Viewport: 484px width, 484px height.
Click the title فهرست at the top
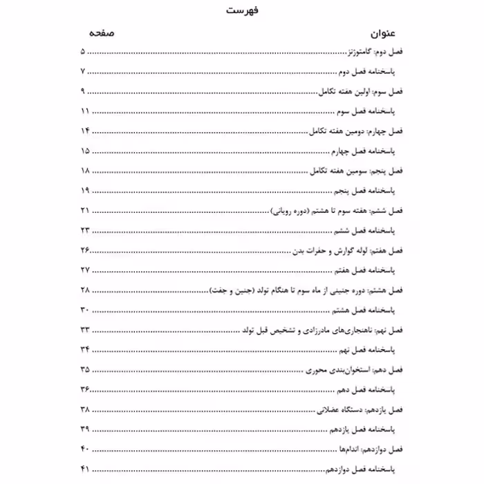tap(242, 12)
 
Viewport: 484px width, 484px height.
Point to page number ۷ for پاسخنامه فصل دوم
tap(84, 72)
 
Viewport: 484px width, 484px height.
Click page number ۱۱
tap(85, 111)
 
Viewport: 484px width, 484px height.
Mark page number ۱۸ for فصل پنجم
tap(86, 170)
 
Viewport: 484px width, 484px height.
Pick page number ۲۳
tap(86, 230)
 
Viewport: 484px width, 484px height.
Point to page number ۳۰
tap(86, 308)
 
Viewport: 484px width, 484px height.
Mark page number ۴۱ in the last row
tap(86, 470)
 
